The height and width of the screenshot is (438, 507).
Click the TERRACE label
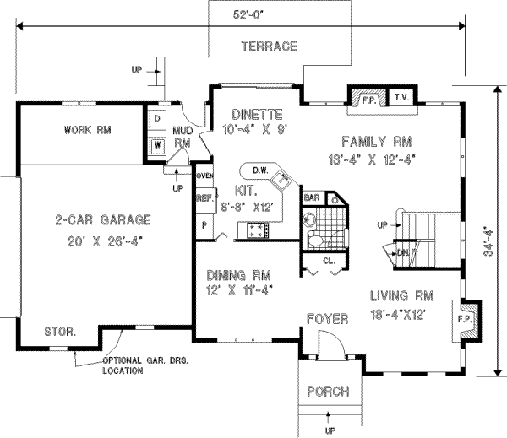click(x=269, y=46)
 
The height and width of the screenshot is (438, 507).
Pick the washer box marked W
click(x=157, y=143)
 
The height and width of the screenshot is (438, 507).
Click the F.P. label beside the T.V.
click(x=368, y=99)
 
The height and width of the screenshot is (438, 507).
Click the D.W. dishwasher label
click(x=260, y=169)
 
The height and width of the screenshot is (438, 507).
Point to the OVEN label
click(x=204, y=176)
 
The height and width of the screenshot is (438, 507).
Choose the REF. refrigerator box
click(x=204, y=199)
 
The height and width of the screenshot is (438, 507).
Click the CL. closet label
click(x=330, y=261)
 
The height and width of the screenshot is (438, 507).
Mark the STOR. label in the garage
click(x=60, y=333)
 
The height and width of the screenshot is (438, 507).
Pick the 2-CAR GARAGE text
click(x=103, y=221)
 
